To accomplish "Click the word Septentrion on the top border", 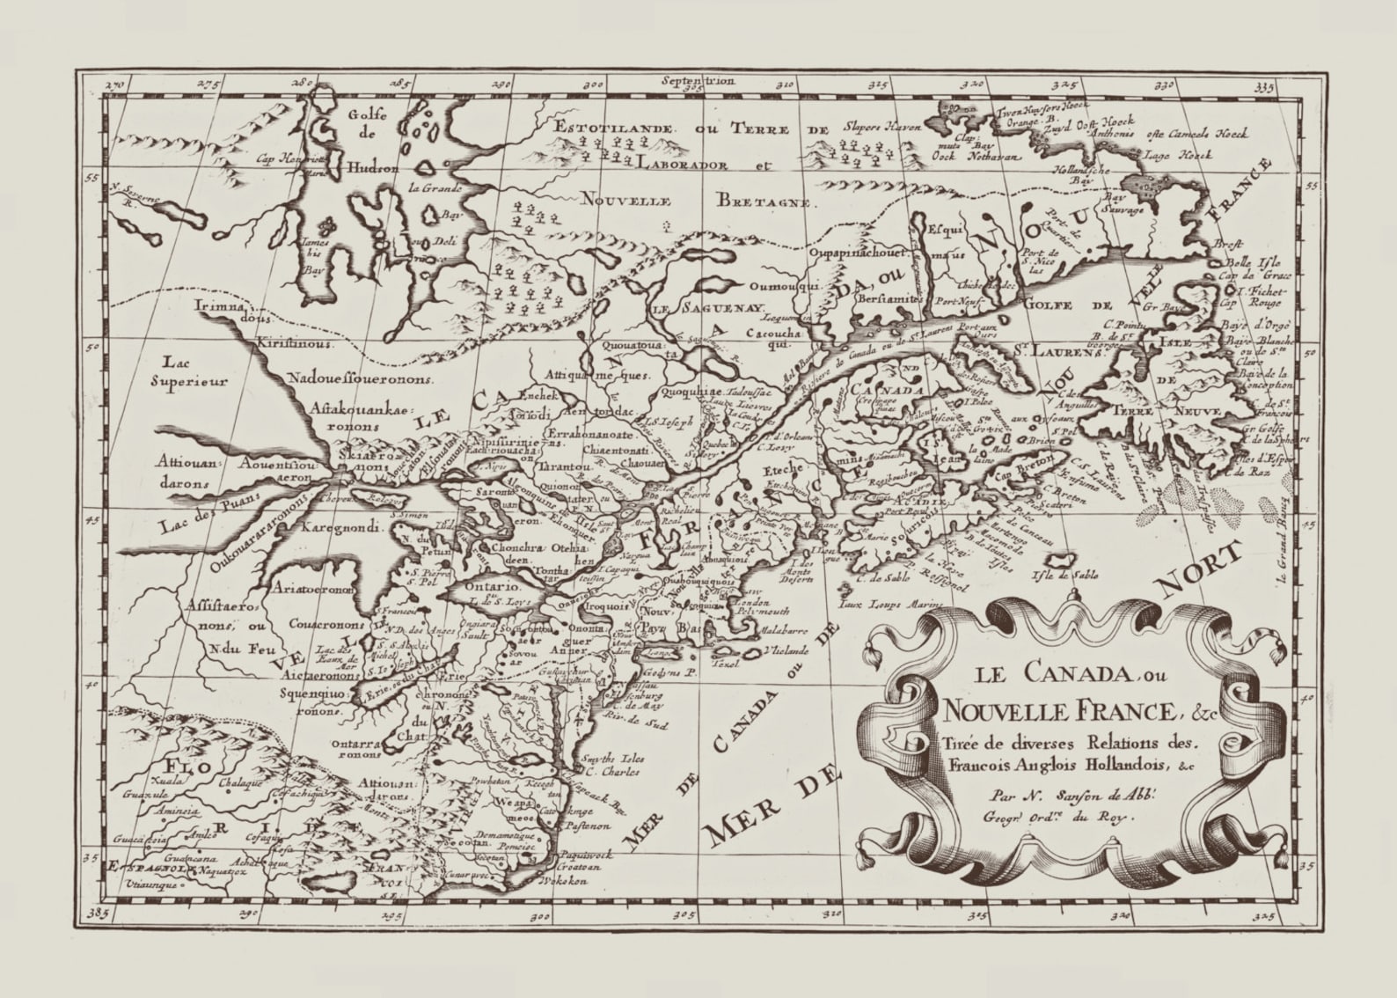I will (691, 81).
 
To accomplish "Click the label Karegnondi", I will (340, 529).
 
